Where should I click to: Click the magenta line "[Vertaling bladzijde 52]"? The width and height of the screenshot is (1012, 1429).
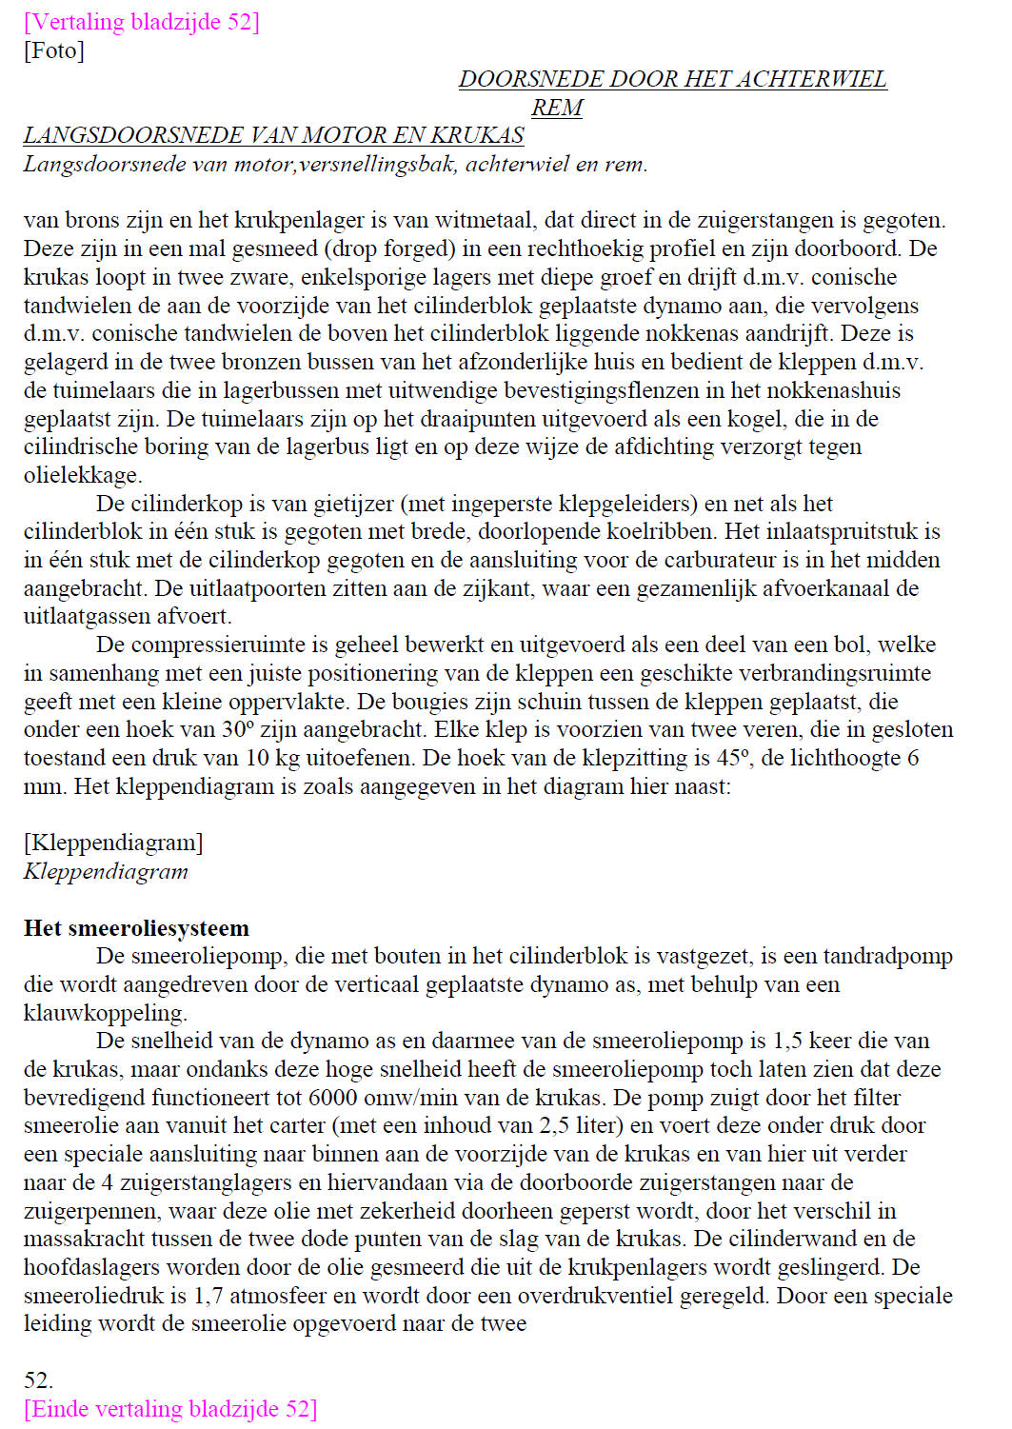pos(141,22)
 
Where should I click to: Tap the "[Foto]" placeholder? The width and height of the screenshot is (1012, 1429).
pos(54,50)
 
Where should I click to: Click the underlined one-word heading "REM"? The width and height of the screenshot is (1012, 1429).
pos(557,108)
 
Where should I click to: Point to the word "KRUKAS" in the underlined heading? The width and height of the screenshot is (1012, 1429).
pos(477,135)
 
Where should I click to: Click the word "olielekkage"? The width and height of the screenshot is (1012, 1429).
pos(81,475)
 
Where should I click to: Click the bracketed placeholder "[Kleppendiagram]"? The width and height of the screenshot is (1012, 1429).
pos(113,843)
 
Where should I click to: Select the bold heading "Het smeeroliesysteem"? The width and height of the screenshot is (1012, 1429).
pos(136,928)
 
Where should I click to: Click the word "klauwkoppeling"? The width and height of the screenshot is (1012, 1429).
pos(103,1013)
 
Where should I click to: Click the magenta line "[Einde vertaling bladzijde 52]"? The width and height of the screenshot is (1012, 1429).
pos(170,1408)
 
